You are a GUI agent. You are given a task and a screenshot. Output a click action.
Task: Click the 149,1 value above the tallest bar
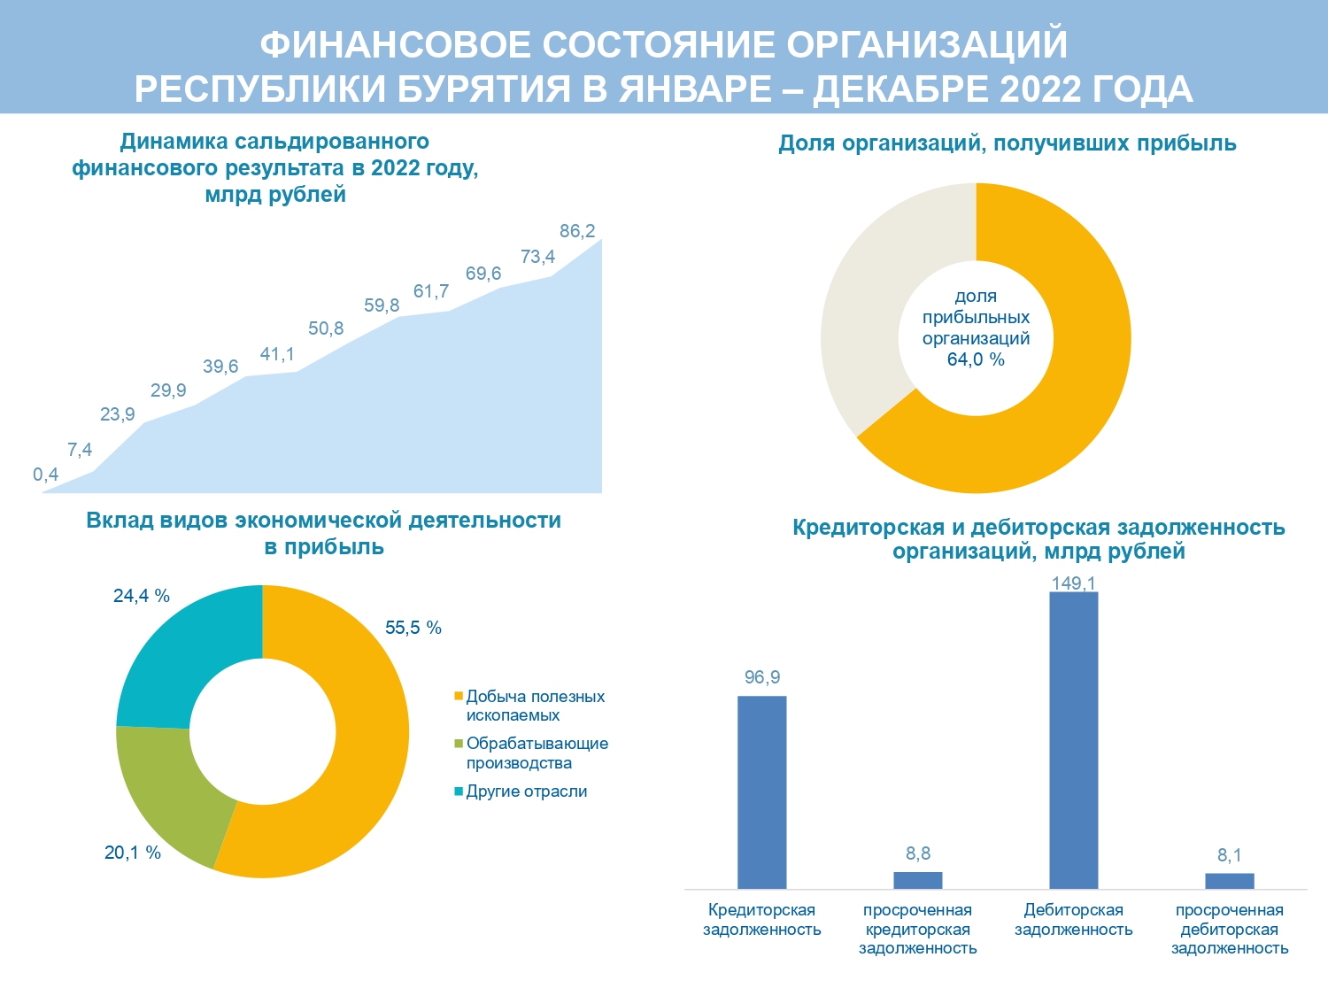coord(1073,583)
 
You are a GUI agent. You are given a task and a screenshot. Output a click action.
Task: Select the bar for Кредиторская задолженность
coord(761,791)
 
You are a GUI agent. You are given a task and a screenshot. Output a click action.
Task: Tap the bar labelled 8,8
coord(917,880)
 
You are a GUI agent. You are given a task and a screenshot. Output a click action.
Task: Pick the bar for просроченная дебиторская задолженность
coord(1229,881)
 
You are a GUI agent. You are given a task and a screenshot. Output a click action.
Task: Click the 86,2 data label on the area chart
coord(577,231)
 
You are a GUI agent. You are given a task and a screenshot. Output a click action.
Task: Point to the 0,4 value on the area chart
coord(46,475)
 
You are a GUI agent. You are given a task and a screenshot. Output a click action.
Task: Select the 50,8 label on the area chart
coord(326,328)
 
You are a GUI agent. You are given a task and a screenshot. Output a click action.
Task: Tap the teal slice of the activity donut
coord(177,655)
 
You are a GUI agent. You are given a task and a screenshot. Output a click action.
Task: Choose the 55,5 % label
coord(413,628)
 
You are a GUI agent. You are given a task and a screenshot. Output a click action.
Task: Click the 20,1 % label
coord(133,853)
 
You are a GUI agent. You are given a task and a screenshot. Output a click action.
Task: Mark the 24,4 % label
coord(142,596)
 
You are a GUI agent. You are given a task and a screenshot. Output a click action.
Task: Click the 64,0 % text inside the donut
coord(976,359)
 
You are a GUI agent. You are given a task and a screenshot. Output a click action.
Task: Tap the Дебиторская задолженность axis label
coord(1073,920)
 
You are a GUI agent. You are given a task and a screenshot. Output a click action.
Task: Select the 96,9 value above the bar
coord(762,677)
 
